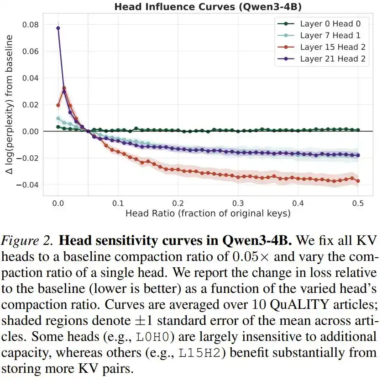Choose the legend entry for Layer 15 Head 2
(322, 47)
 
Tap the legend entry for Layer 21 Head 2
(322, 59)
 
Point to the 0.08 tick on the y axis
(31, 25)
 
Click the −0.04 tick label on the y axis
(27, 185)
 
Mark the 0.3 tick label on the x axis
(238, 203)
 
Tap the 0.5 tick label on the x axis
(358, 203)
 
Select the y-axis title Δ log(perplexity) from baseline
(9, 104)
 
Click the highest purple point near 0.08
(58, 28)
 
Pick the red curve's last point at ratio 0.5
(358, 181)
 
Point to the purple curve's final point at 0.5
(358, 155)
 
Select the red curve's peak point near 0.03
(64, 88)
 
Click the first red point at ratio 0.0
(58, 105)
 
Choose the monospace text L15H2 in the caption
(199, 353)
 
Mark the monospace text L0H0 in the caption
(152, 337)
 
